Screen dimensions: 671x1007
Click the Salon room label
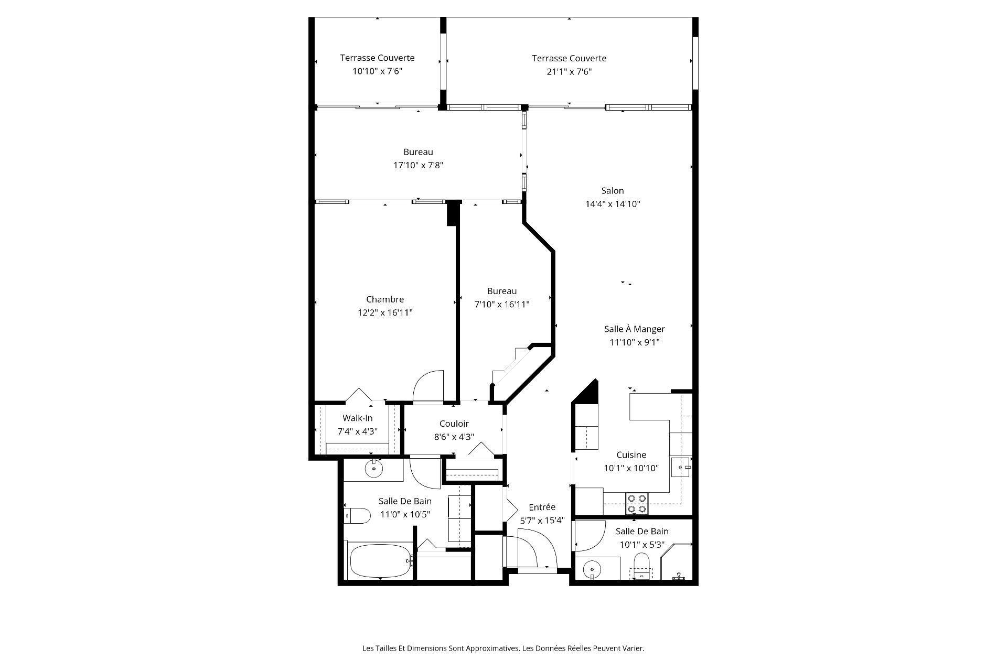point(612,191)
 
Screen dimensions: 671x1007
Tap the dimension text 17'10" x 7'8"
point(418,165)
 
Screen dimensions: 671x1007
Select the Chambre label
point(384,299)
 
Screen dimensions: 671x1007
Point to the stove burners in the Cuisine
point(637,504)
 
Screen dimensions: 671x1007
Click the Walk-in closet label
point(357,418)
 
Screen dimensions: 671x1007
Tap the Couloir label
point(454,424)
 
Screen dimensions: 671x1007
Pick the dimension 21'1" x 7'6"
point(569,72)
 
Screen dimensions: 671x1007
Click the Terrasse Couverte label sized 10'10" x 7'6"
point(377,58)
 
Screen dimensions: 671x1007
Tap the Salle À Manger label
point(634,329)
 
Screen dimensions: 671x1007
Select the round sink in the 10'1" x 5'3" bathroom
point(592,568)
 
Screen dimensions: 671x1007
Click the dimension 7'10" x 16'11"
point(501,305)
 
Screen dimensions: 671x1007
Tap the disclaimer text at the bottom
point(503,648)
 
